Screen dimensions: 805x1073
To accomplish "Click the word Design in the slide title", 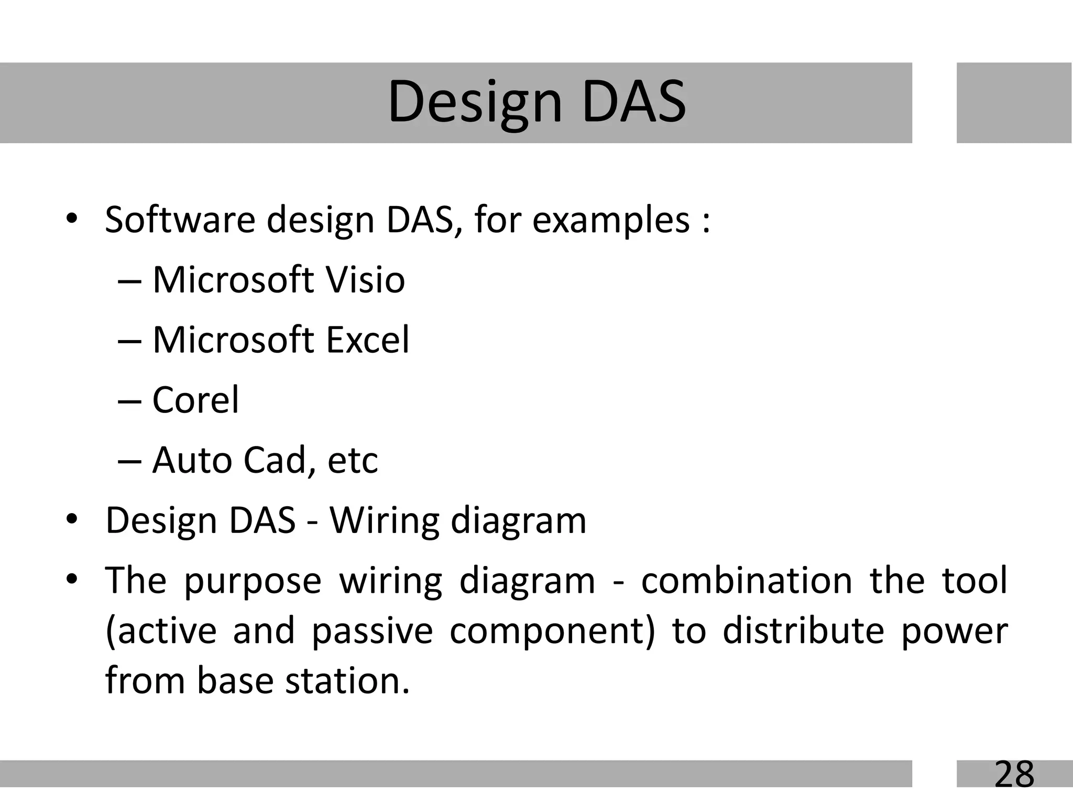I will [475, 102].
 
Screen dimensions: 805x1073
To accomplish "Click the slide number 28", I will [1014, 774].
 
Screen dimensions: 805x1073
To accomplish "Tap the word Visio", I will [365, 280].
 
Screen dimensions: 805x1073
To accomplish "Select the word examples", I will [611, 221].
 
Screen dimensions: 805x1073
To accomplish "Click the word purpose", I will [253, 582].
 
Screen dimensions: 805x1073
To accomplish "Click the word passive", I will [372, 631].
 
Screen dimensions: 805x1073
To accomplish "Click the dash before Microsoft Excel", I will [130, 341].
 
